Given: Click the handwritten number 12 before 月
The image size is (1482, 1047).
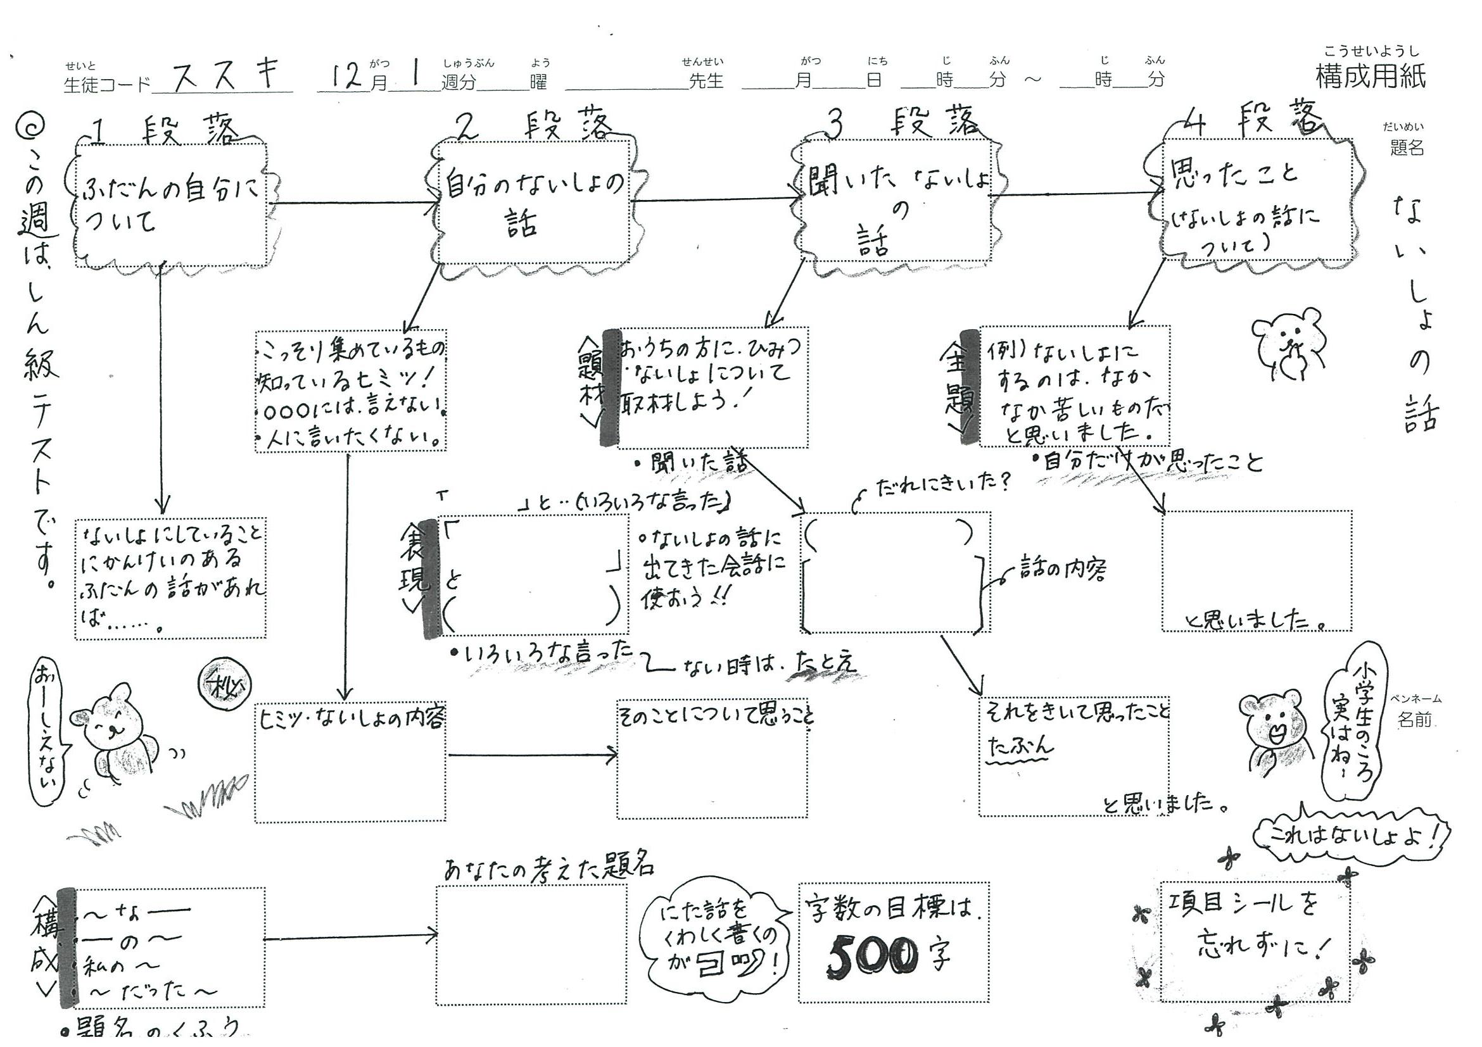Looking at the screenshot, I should pyautogui.click(x=345, y=76).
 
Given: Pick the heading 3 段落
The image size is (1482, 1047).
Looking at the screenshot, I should pyautogui.click(x=904, y=123).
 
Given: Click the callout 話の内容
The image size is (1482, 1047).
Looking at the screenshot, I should pyautogui.click(x=1062, y=569).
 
